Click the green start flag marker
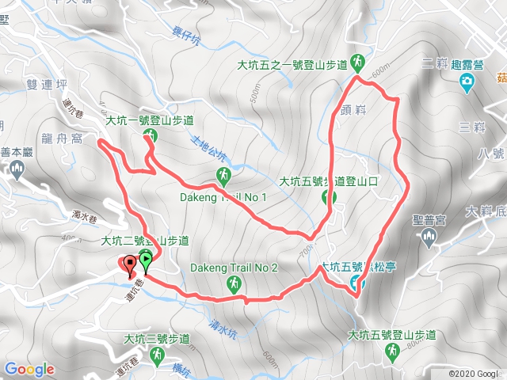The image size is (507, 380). click(x=147, y=258)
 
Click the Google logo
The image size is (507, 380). click(x=29, y=369)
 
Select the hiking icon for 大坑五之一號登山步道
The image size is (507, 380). click(x=359, y=61)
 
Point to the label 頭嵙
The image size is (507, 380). click(x=355, y=108)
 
